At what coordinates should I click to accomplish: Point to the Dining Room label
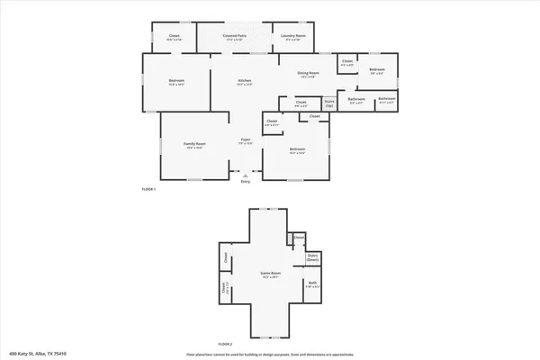pyautogui.click(x=308, y=75)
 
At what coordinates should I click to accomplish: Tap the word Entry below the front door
pyautogui.click(x=245, y=181)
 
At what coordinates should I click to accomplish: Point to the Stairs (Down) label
pyautogui.click(x=313, y=257)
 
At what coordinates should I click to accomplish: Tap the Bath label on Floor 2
pyautogui.click(x=312, y=284)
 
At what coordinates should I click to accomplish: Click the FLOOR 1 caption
pyautogui.click(x=149, y=189)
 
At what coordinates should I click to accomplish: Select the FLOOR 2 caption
pyautogui.click(x=225, y=343)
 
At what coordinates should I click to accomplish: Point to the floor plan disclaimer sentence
pyautogui.click(x=269, y=354)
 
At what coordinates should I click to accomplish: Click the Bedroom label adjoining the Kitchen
pyautogui.click(x=176, y=83)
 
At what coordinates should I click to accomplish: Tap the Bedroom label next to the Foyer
pyautogui.click(x=297, y=150)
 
